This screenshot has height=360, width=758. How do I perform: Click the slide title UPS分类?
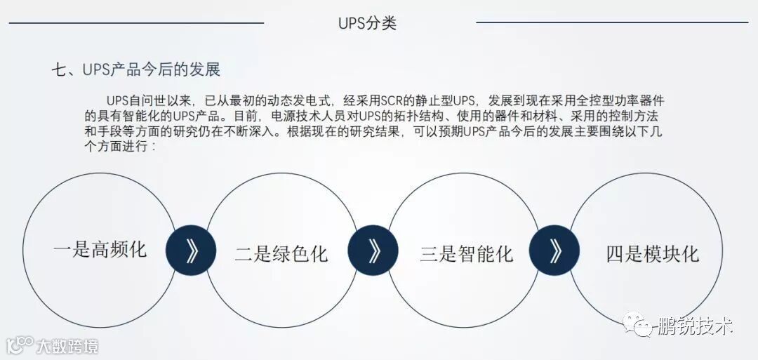367,23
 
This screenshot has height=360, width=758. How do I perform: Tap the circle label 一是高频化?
100,250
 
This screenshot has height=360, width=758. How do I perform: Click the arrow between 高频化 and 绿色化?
191,251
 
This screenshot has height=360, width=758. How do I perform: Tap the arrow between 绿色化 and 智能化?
373,251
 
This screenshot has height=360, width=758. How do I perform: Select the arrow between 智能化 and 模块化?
554,251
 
